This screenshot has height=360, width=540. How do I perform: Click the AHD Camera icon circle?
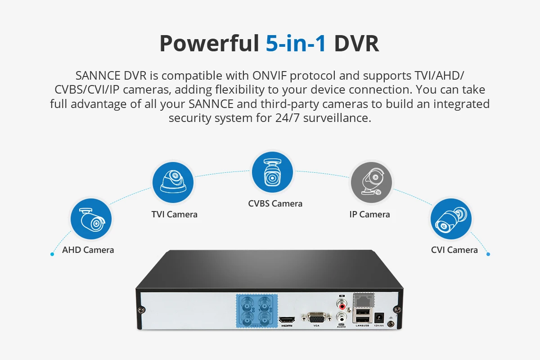click(91, 219)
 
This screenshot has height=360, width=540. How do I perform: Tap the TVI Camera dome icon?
click(173, 183)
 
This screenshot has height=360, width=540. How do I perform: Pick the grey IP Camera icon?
click(371, 183)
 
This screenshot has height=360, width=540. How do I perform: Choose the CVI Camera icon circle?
click(451, 219)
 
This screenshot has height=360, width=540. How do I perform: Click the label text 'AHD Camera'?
click(88, 250)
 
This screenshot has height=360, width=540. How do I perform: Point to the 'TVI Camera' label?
click(175, 214)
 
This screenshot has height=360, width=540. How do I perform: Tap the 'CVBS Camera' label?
click(275, 203)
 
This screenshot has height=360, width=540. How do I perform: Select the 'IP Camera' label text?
click(369, 214)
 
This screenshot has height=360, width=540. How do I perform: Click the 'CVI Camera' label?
click(454, 250)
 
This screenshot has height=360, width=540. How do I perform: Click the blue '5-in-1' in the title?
click(296, 43)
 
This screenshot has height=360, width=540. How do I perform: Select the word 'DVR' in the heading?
click(356, 43)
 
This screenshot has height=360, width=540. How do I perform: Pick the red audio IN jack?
click(343, 306)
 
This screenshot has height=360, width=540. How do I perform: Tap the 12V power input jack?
click(379, 318)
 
